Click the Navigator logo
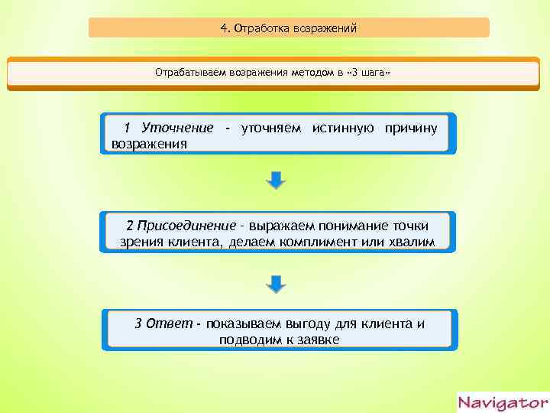tap(502, 402)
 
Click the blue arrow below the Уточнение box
tap(277, 181)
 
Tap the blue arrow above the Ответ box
tap(277, 284)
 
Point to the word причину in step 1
tap(411, 127)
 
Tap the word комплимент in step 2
tap(351, 242)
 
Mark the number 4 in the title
tap(223, 29)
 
